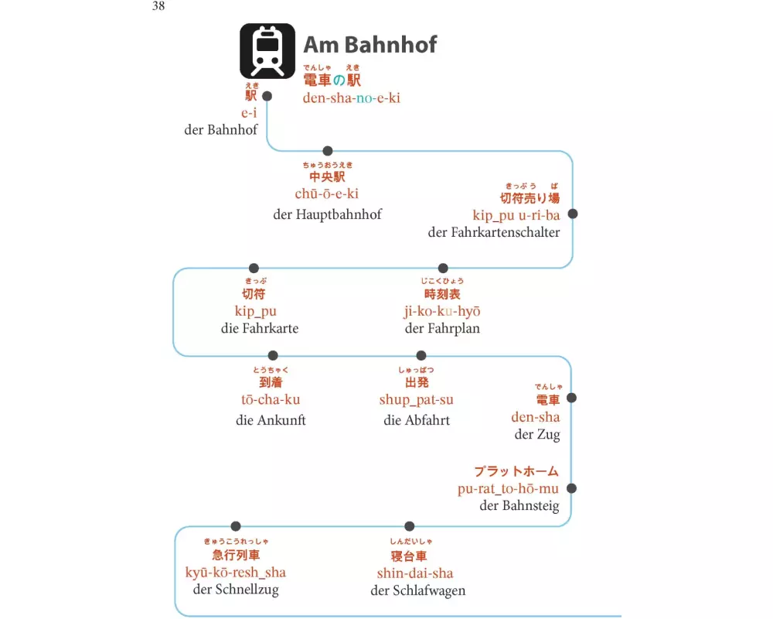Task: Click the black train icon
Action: (267, 50)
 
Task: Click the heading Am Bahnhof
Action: (369, 44)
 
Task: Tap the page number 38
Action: (158, 7)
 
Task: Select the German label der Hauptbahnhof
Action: (327, 214)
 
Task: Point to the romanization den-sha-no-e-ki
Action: (352, 97)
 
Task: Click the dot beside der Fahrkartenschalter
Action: (573, 214)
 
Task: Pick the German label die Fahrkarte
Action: (260, 328)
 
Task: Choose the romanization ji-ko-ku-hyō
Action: (442, 311)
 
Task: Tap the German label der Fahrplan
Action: (442, 328)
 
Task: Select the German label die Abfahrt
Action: (417, 420)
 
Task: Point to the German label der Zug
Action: (537, 434)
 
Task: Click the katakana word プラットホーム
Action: (516, 471)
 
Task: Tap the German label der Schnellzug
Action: (236, 590)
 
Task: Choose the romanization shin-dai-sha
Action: (415, 573)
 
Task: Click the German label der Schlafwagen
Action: (418, 591)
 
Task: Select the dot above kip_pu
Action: (254, 268)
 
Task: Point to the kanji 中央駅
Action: (327, 178)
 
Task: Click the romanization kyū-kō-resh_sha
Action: (236, 573)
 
